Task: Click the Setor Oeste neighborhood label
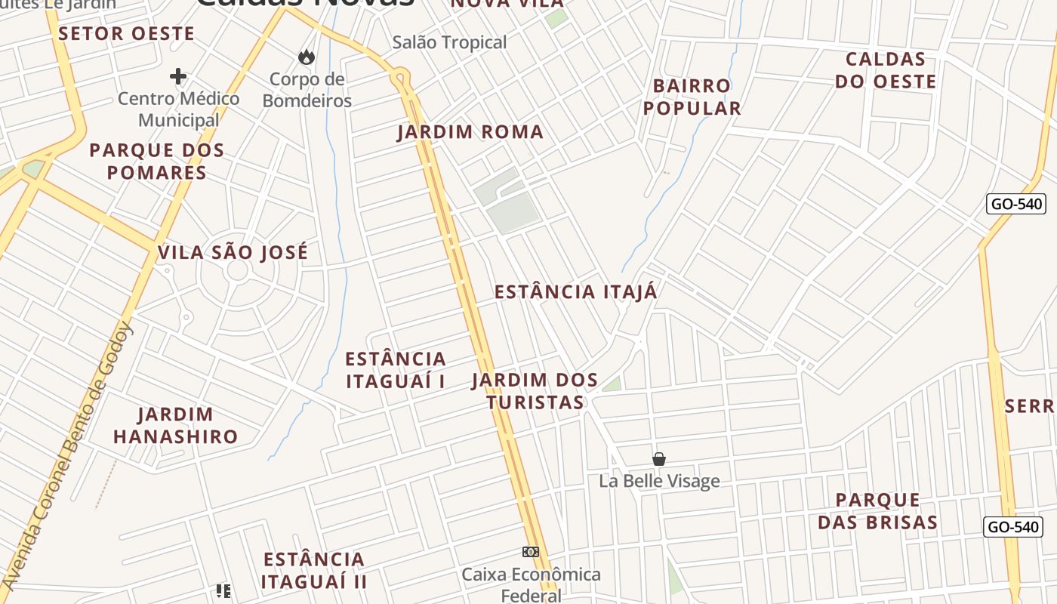pyautogui.click(x=126, y=33)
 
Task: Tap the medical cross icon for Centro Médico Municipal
pyautogui.click(x=178, y=76)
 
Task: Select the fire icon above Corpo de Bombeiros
pyautogui.click(x=307, y=57)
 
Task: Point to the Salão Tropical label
pyautogui.click(x=449, y=42)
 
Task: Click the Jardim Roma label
pyautogui.click(x=470, y=132)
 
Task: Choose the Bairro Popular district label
pyautogui.click(x=692, y=97)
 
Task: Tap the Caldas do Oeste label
pyautogui.click(x=886, y=70)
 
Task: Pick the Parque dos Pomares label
pyautogui.click(x=157, y=161)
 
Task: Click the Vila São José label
pyautogui.click(x=233, y=252)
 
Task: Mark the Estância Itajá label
pyautogui.click(x=576, y=292)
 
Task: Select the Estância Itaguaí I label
pyautogui.click(x=396, y=370)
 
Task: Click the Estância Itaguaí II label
pyautogui.click(x=314, y=570)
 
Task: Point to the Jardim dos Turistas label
pyautogui.click(x=535, y=391)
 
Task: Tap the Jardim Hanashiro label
pyautogui.click(x=175, y=425)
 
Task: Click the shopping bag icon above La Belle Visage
pyautogui.click(x=659, y=459)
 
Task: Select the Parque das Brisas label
pyautogui.click(x=878, y=511)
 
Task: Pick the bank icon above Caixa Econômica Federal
pyautogui.click(x=531, y=552)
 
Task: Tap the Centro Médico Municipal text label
pyautogui.click(x=178, y=109)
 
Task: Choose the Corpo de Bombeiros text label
pyautogui.click(x=307, y=90)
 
